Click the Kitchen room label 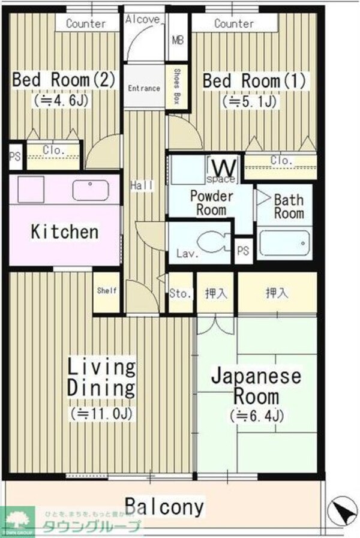pyautogui.click(x=64, y=232)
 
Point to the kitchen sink pyautogui.click(x=91, y=190)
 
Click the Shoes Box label pyautogui.click(x=177, y=87)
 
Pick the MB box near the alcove pyautogui.click(x=178, y=41)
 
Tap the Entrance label pyautogui.click(x=144, y=88)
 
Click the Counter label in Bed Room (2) pyautogui.click(x=86, y=24)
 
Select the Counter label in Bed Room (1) pyautogui.click(x=233, y=24)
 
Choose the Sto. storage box pyautogui.click(x=180, y=293)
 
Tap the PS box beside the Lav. pyautogui.click(x=243, y=251)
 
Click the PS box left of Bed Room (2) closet pyautogui.click(x=14, y=157)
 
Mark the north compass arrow pyautogui.click(x=341, y=511)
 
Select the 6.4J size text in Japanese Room pyautogui.click(x=256, y=415)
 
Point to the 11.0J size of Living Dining pyautogui.click(x=101, y=413)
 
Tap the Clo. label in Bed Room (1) pyautogui.click(x=281, y=161)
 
